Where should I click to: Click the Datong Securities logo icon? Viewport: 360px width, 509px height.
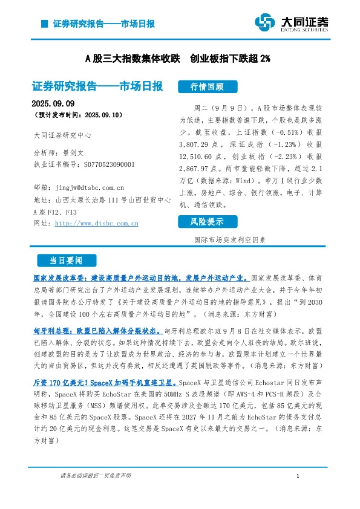[265, 23]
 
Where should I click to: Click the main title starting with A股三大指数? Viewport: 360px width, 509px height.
[177, 59]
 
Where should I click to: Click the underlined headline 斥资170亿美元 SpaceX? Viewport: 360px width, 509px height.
[105, 383]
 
